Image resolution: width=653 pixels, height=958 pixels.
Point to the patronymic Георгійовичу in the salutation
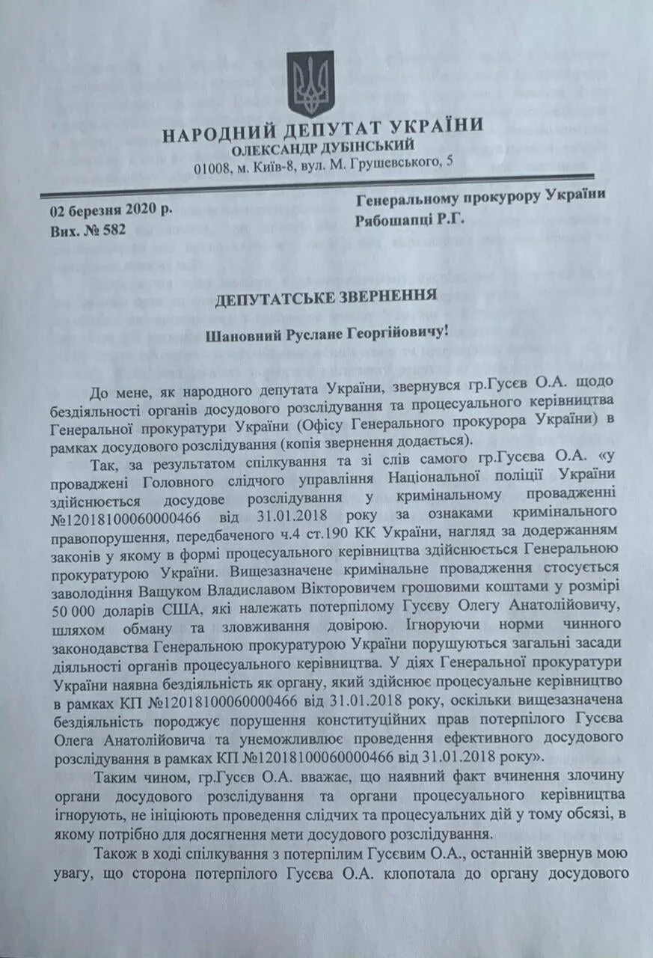[x=393, y=330]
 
